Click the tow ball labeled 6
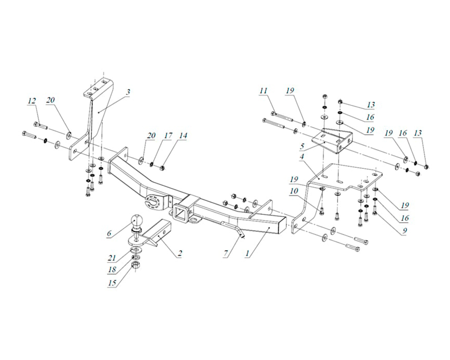pyautogui.click(x=136, y=221)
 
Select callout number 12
pyautogui.click(x=32, y=101)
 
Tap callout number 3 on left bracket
pyautogui.click(x=128, y=92)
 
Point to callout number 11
pyautogui.click(x=263, y=91)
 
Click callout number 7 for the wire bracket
pyautogui.click(x=226, y=253)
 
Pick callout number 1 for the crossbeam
pyautogui.click(x=247, y=253)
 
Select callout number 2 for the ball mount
pyautogui.click(x=180, y=253)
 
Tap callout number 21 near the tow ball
pyautogui.click(x=111, y=258)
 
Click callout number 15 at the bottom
pyautogui.click(x=112, y=283)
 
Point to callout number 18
pyautogui.click(x=112, y=270)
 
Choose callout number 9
pyautogui.click(x=405, y=230)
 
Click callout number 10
pyautogui.click(x=294, y=191)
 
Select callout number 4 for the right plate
pyautogui.click(x=301, y=157)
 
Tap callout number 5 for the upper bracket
pyautogui.click(x=301, y=146)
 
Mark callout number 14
pyautogui.click(x=183, y=135)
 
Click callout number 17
pyautogui.click(x=168, y=135)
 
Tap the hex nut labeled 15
pyautogui.click(x=135, y=265)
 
